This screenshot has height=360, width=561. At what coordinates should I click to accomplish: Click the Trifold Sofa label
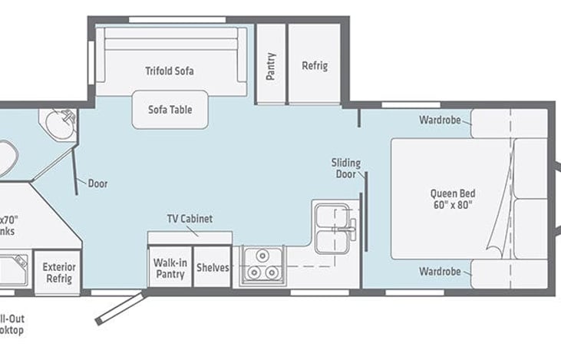170,71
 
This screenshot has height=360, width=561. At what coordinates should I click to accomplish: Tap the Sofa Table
170,109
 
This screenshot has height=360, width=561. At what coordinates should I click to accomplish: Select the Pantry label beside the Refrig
271,66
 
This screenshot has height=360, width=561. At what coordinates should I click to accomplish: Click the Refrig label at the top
315,66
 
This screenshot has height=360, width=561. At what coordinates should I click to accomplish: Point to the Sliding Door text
345,168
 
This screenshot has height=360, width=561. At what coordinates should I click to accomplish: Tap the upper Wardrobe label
440,120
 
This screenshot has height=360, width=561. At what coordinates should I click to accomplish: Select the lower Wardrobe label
440,272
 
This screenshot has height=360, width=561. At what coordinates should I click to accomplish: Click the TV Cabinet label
190,219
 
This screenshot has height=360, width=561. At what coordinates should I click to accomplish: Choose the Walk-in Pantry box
170,267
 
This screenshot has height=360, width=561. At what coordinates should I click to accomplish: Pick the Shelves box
213,267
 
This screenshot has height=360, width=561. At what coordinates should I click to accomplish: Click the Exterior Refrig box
58,272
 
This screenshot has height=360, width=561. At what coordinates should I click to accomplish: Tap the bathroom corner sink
58,123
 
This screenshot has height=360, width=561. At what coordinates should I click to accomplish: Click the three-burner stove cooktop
262,265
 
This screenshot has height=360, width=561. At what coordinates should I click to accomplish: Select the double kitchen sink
335,227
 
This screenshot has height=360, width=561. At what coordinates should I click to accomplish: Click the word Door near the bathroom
97,183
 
